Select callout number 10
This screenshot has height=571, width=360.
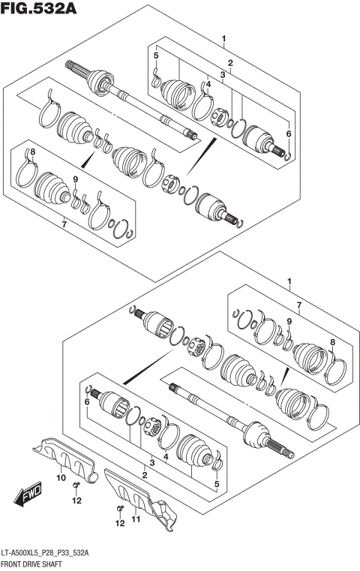click(61, 477)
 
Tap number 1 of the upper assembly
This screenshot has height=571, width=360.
click(223, 38)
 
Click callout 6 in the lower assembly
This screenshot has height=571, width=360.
click(87, 403)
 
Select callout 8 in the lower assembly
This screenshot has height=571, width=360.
click(333, 342)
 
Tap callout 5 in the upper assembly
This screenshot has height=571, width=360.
click(156, 56)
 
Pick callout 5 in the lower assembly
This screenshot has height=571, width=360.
click(217, 485)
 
